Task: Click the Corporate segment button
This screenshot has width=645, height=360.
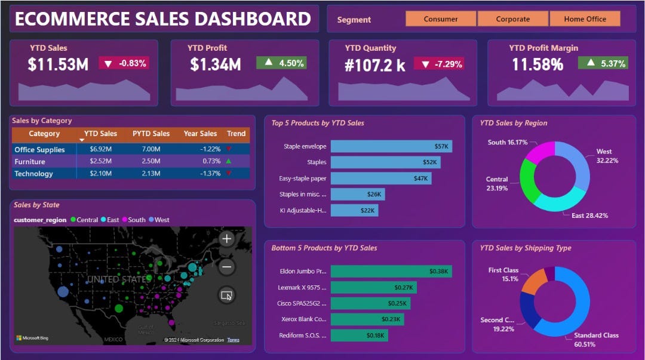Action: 512,19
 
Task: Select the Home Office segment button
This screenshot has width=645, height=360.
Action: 585,19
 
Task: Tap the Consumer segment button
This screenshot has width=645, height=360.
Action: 441,19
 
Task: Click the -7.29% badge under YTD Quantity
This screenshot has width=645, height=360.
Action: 443,63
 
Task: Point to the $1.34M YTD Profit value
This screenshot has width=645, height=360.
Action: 215,64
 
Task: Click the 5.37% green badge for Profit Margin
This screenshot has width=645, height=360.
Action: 603,63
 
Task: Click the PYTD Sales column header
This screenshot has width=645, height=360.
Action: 151,134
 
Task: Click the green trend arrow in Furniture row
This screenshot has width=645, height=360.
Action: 229,161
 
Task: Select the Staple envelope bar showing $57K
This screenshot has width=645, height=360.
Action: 391,146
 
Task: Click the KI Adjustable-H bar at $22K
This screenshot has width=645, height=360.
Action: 354,210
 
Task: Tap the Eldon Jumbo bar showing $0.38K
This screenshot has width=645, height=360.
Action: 391,271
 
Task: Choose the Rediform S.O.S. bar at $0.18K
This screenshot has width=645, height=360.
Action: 359,336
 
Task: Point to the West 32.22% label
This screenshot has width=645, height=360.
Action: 607,156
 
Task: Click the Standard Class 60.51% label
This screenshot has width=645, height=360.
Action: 595,340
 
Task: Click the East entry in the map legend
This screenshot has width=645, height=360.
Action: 111,220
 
